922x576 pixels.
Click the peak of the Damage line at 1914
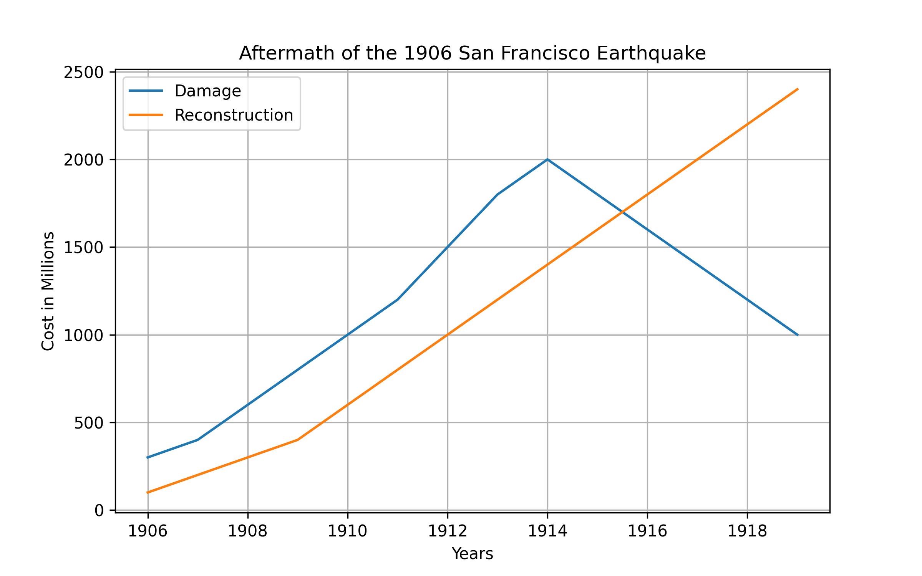point(547,159)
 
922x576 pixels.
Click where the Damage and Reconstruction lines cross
point(622,212)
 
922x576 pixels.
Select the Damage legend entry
point(207,91)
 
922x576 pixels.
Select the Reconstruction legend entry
point(234,115)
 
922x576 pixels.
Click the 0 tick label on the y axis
point(99,511)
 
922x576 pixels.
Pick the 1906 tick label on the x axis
point(148,531)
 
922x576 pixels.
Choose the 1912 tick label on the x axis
point(448,531)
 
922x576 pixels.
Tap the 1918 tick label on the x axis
point(747,531)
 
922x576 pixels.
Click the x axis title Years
point(472,554)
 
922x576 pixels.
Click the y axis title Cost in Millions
point(48,291)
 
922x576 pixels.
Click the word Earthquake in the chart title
point(651,53)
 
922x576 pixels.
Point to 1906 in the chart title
point(428,53)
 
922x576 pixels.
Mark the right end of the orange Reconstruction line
point(798,89)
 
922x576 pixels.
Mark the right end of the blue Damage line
point(798,335)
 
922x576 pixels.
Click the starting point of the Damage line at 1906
point(148,457)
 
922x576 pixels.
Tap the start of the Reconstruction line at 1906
point(148,492)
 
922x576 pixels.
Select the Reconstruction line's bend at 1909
point(298,440)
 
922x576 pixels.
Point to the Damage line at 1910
point(348,335)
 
